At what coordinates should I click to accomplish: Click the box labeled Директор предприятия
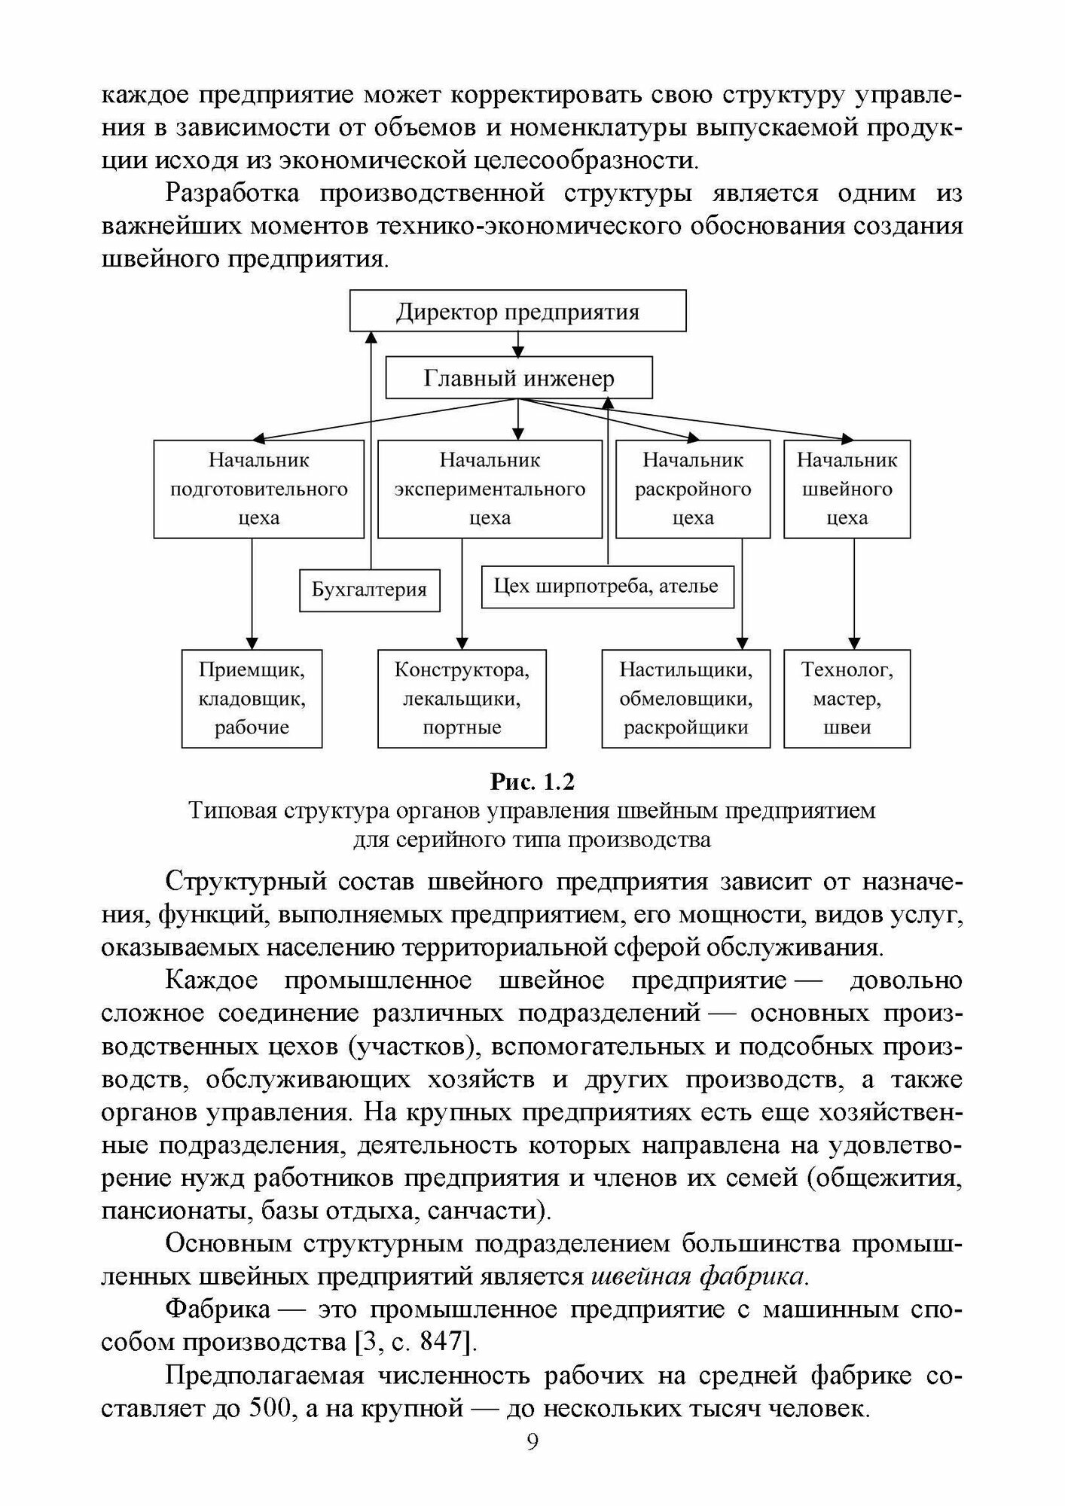pyautogui.click(x=517, y=311)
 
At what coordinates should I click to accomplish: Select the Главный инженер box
pyautogui.click(x=518, y=378)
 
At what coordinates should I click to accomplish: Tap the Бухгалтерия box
pyautogui.click(x=369, y=590)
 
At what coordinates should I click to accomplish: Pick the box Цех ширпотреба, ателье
pyautogui.click(x=606, y=587)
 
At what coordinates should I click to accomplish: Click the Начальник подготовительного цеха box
pyautogui.click(x=258, y=489)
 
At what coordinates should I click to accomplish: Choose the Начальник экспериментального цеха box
pyautogui.click(x=490, y=489)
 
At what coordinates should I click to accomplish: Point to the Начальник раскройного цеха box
pyautogui.click(x=692, y=489)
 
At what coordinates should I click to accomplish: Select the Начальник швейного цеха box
pyautogui.click(x=847, y=489)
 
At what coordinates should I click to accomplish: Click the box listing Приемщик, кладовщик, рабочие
pyautogui.click(x=252, y=698)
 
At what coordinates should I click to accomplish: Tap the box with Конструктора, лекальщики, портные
pyautogui.click(x=462, y=698)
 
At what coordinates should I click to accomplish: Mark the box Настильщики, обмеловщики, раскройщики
pyautogui.click(x=685, y=698)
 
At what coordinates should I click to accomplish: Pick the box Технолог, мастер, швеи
pyautogui.click(x=847, y=698)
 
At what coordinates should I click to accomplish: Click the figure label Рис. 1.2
pyautogui.click(x=532, y=782)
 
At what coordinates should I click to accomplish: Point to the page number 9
pyautogui.click(x=532, y=1463)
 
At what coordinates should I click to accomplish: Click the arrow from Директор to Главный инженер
pyautogui.click(x=517, y=344)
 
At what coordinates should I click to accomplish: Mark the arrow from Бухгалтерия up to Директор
pyautogui.click(x=370, y=452)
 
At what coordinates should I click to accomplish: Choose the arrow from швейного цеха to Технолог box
pyautogui.click(x=853, y=595)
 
